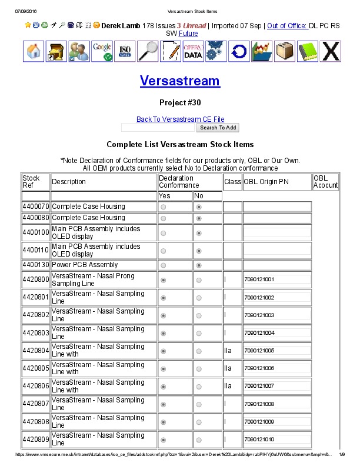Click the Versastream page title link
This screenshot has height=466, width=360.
180,81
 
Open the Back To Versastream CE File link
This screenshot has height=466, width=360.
180,119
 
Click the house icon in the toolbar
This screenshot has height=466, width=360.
34,51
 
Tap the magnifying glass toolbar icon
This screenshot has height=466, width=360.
148,51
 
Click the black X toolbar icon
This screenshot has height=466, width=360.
331,51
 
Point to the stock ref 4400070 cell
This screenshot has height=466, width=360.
36,207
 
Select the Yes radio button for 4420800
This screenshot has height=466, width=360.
163,279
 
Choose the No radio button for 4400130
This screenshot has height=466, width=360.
199,265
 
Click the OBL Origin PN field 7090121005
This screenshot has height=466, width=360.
276,351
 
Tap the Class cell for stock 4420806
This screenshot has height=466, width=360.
232,387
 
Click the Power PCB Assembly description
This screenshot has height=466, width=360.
85,265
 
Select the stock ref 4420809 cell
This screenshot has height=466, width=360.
36,440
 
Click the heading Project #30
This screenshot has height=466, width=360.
180,102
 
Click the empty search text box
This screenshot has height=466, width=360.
158,127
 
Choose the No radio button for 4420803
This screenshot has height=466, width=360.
199,333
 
